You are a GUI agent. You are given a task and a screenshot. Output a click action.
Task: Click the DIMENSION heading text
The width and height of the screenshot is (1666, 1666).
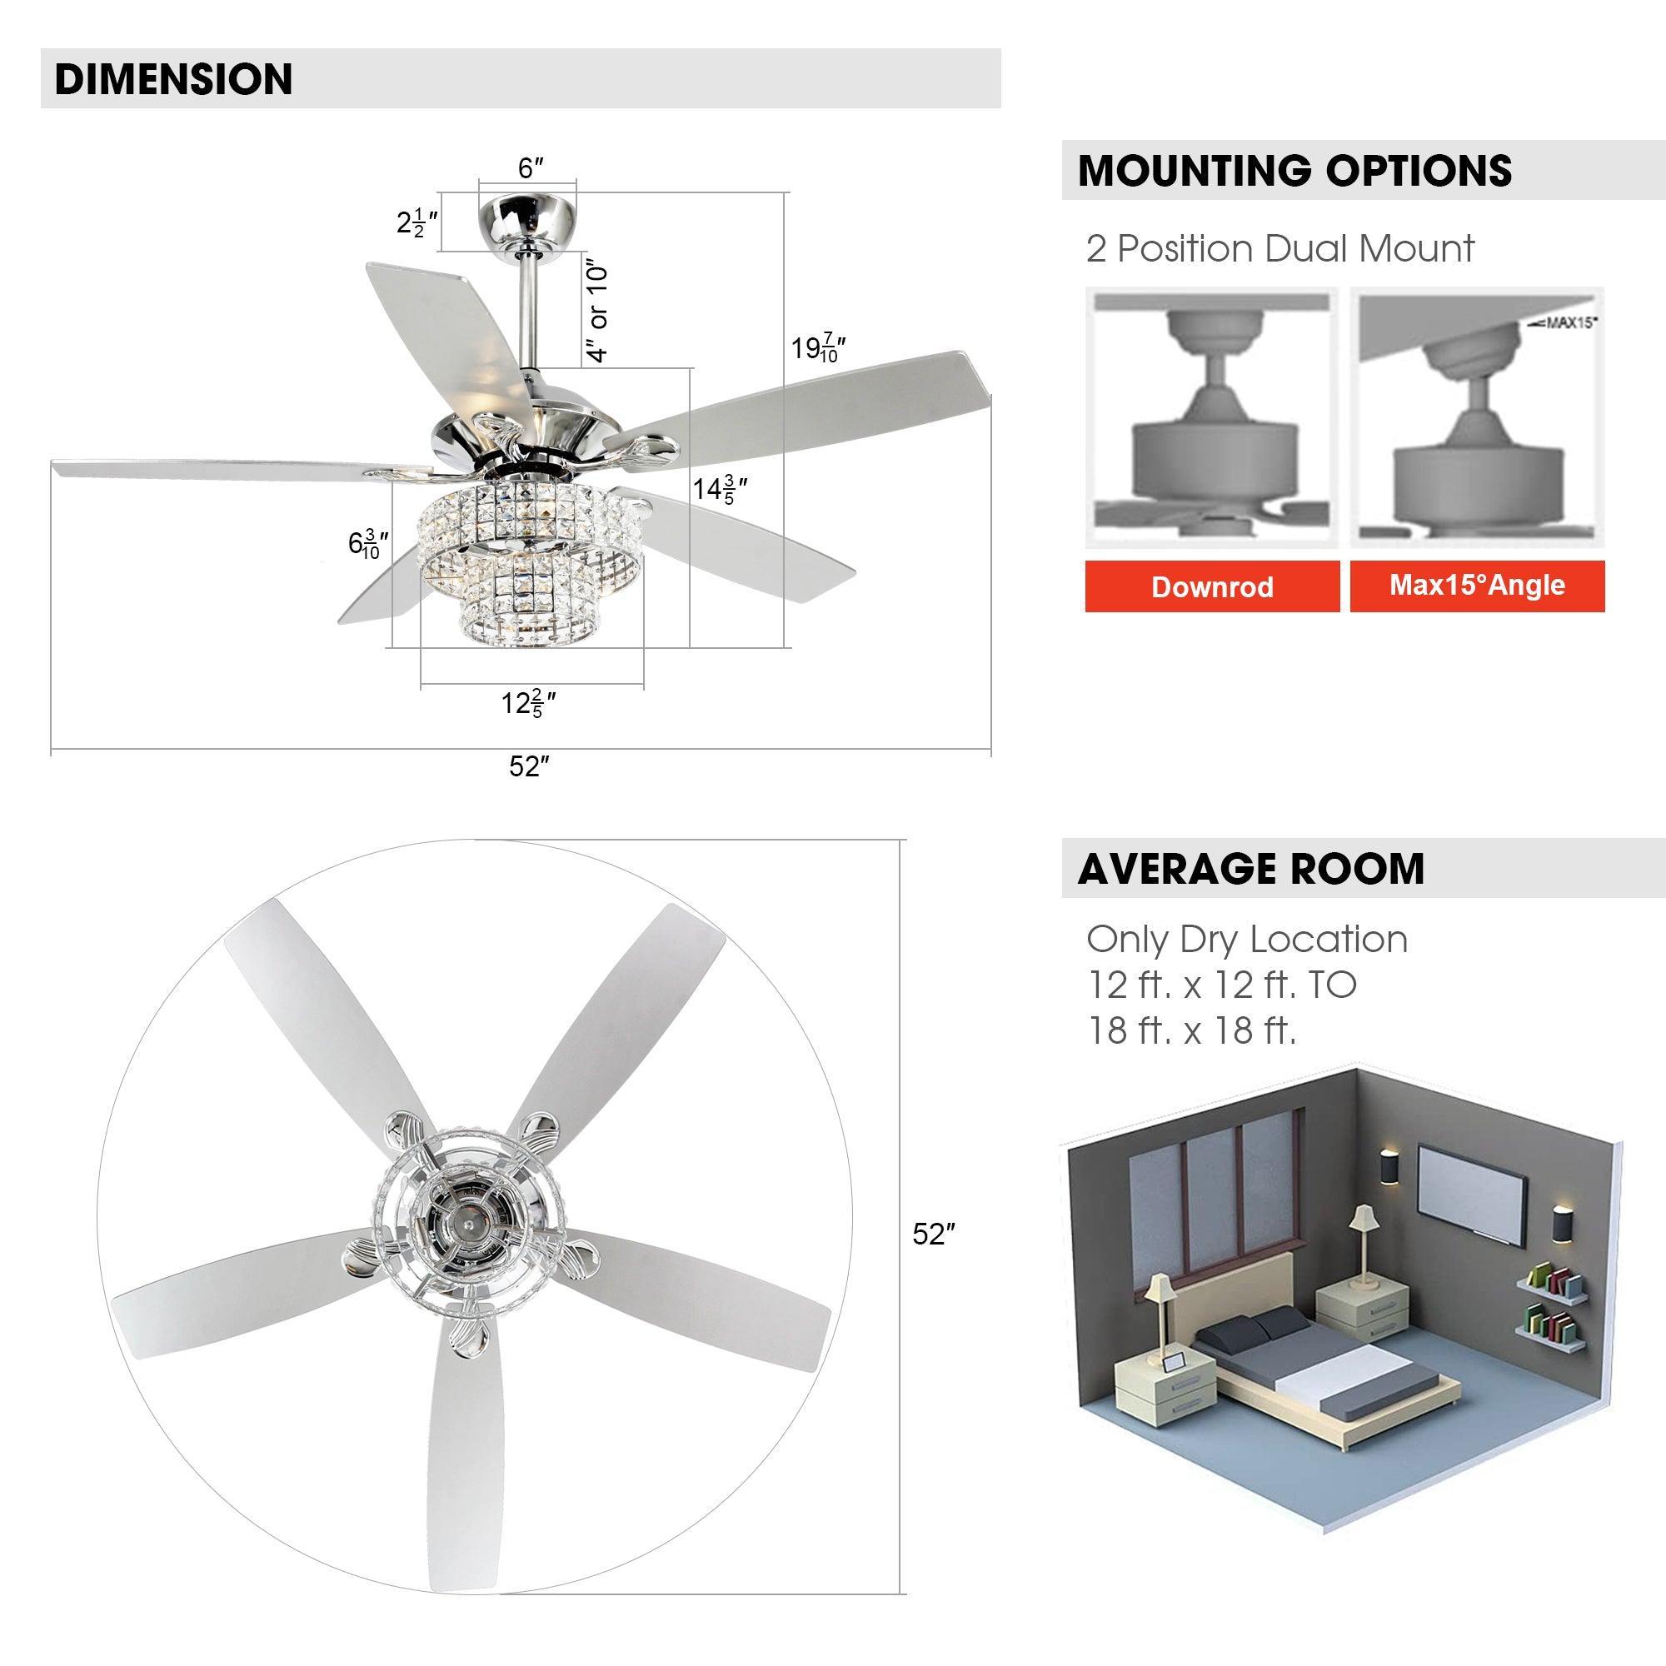point(173,78)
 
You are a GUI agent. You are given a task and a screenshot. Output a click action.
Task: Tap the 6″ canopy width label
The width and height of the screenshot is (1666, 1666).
point(531,169)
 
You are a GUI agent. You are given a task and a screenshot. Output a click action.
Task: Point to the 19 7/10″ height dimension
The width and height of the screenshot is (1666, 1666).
point(816,349)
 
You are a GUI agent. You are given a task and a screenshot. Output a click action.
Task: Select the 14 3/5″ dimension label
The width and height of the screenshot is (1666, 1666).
point(719,490)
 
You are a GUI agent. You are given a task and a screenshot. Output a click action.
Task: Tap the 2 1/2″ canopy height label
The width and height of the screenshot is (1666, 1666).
point(417,224)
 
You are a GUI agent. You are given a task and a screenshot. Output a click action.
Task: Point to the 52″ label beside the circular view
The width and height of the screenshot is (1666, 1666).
point(934,1235)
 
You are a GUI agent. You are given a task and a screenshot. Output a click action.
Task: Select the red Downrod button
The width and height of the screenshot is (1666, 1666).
point(1211,587)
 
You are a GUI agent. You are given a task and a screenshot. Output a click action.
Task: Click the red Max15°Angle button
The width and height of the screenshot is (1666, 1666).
point(1476,586)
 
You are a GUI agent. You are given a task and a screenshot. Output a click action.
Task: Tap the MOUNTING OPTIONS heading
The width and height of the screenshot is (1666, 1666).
point(1294,171)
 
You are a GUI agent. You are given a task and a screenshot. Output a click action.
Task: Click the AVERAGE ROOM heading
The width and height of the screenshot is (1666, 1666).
point(1250,868)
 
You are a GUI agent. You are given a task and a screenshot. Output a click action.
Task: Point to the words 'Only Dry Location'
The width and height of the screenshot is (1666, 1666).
point(1246,939)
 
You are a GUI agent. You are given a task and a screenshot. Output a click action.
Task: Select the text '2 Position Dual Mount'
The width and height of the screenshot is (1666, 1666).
point(1279,249)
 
